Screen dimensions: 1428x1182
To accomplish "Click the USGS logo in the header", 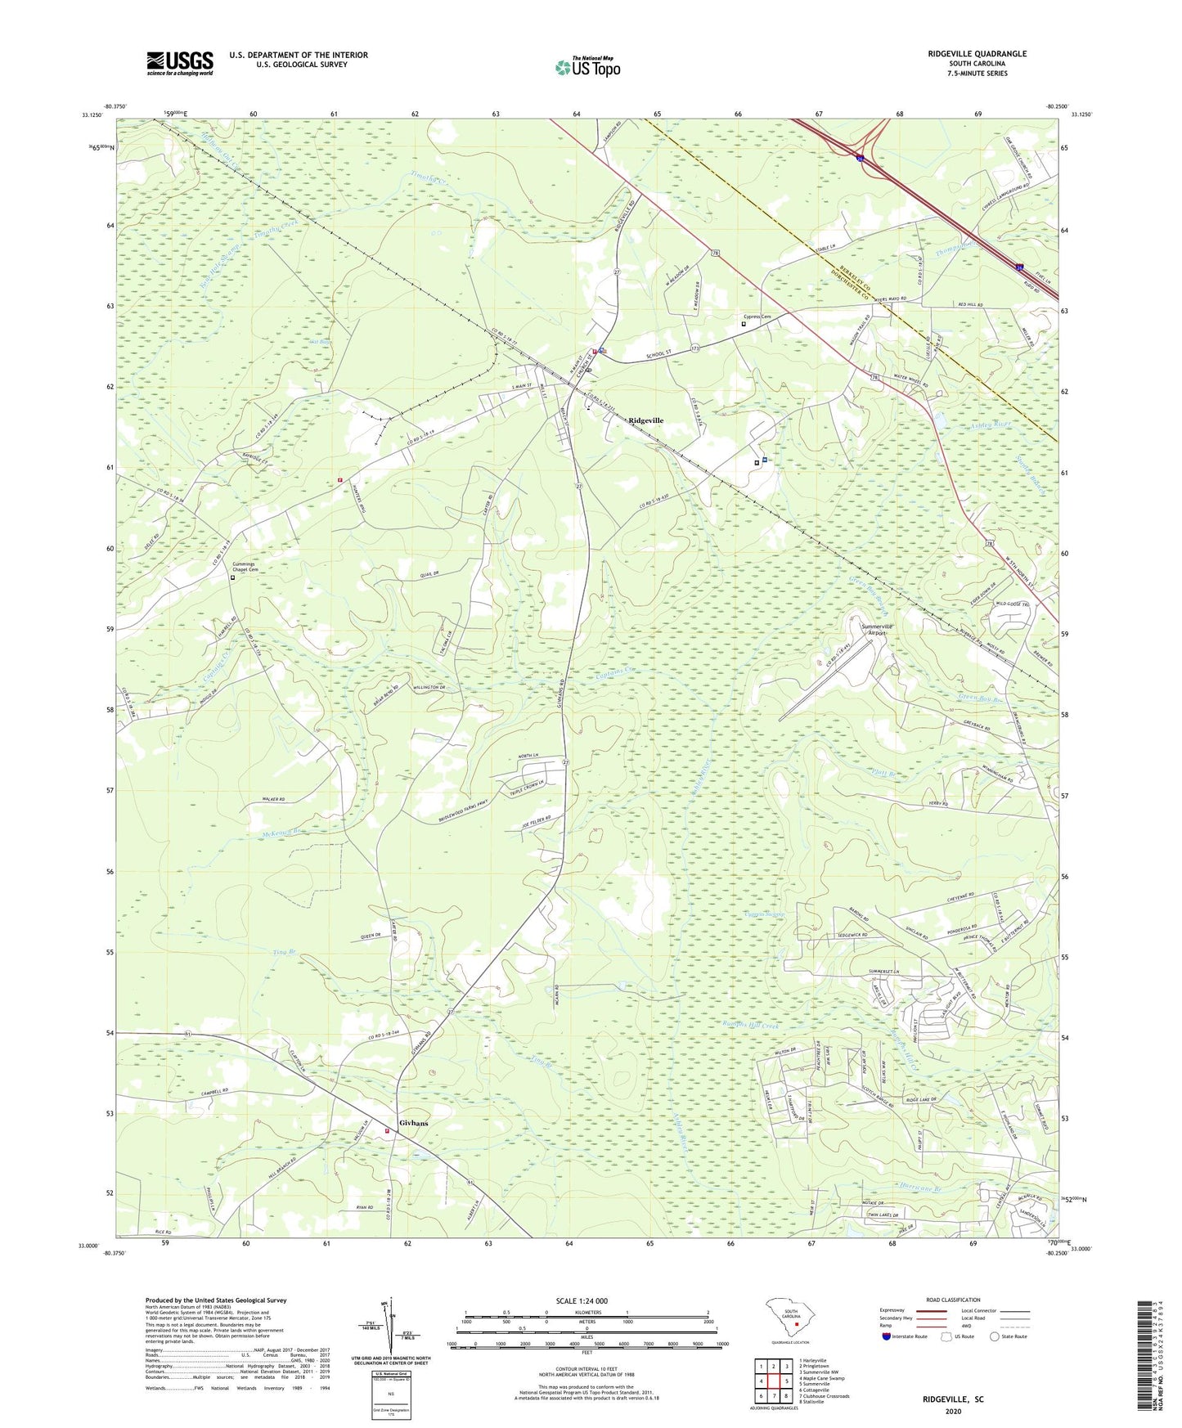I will tap(179, 62).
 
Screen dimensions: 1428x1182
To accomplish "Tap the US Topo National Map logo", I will tap(587, 67).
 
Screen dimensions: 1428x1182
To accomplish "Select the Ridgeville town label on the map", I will tap(645, 420).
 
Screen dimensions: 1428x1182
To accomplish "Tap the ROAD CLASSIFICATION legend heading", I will tap(953, 1300).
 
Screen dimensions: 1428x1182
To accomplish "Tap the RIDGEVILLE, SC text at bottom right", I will tap(953, 1399).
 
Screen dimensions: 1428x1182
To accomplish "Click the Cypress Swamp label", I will tap(764, 914).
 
